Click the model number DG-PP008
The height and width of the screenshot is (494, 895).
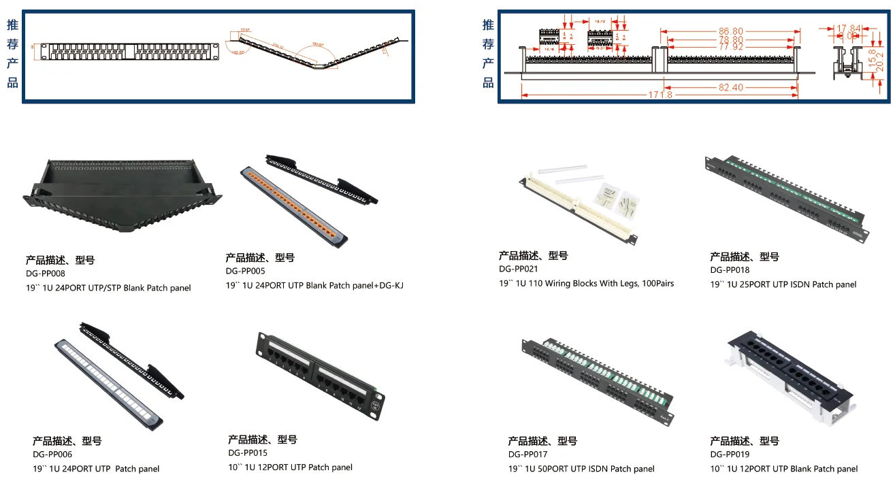click(x=45, y=274)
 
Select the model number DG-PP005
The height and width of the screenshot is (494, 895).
click(x=245, y=271)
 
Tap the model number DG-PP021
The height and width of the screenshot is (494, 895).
click(x=518, y=269)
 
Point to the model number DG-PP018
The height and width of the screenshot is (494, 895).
click(x=730, y=269)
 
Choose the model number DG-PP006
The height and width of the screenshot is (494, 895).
click(x=52, y=454)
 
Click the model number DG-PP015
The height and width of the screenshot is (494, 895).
click(x=247, y=452)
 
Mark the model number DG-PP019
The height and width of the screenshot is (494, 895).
click(x=730, y=454)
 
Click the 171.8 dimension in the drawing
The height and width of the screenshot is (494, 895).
click(x=660, y=95)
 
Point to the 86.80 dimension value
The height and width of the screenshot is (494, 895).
click(x=730, y=31)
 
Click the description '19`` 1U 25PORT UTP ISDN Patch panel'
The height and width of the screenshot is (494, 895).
click(x=783, y=284)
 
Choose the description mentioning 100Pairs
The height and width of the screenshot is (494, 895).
click(x=586, y=283)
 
